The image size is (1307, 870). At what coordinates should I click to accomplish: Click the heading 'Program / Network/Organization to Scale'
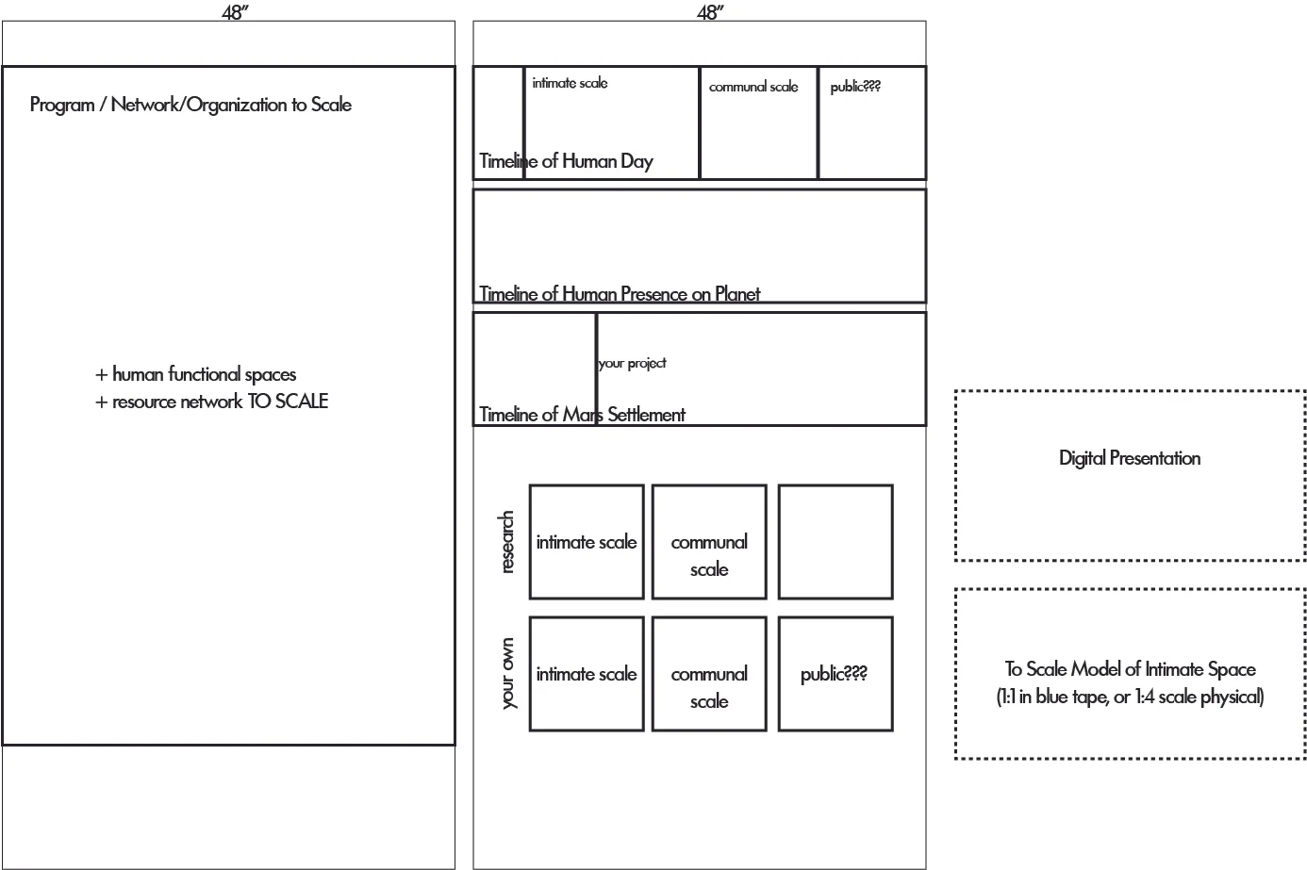tap(190, 105)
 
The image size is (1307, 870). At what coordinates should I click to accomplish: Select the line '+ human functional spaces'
tap(196, 374)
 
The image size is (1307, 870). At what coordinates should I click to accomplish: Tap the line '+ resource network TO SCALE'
tap(212, 402)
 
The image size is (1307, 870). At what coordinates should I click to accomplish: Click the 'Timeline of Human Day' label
tap(566, 161)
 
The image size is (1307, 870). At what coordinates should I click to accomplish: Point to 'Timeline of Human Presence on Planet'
tap(620, 294)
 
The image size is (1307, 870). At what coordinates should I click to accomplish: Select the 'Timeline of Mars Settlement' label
tap(582, 415)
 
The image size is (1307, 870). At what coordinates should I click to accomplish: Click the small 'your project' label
tap(632, 363)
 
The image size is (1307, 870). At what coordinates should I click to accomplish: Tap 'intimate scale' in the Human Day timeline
tap(570, 83)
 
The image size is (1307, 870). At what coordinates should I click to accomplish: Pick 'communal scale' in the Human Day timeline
tap(753, 87)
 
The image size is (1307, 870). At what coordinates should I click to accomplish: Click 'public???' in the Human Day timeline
tap(855, 87)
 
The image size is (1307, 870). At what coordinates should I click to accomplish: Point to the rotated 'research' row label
tap(507, 542)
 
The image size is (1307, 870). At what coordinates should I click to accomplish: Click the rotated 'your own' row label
tap(507, 674)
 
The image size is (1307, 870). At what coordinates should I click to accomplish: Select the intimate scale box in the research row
tap(587, 542)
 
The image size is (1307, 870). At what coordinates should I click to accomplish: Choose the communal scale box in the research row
tap(709, 543)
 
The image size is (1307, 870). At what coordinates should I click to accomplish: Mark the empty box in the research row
tap(835, 542)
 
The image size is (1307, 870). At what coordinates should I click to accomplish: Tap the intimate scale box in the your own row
tap(587, 674)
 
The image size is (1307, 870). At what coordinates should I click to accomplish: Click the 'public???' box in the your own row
tap(835, 674)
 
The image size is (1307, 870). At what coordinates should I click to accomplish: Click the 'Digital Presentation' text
tap(1130, 459)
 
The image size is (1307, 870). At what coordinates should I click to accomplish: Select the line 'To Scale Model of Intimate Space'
tap(1130, 669)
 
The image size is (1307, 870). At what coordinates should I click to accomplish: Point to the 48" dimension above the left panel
tap(235, 12)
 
